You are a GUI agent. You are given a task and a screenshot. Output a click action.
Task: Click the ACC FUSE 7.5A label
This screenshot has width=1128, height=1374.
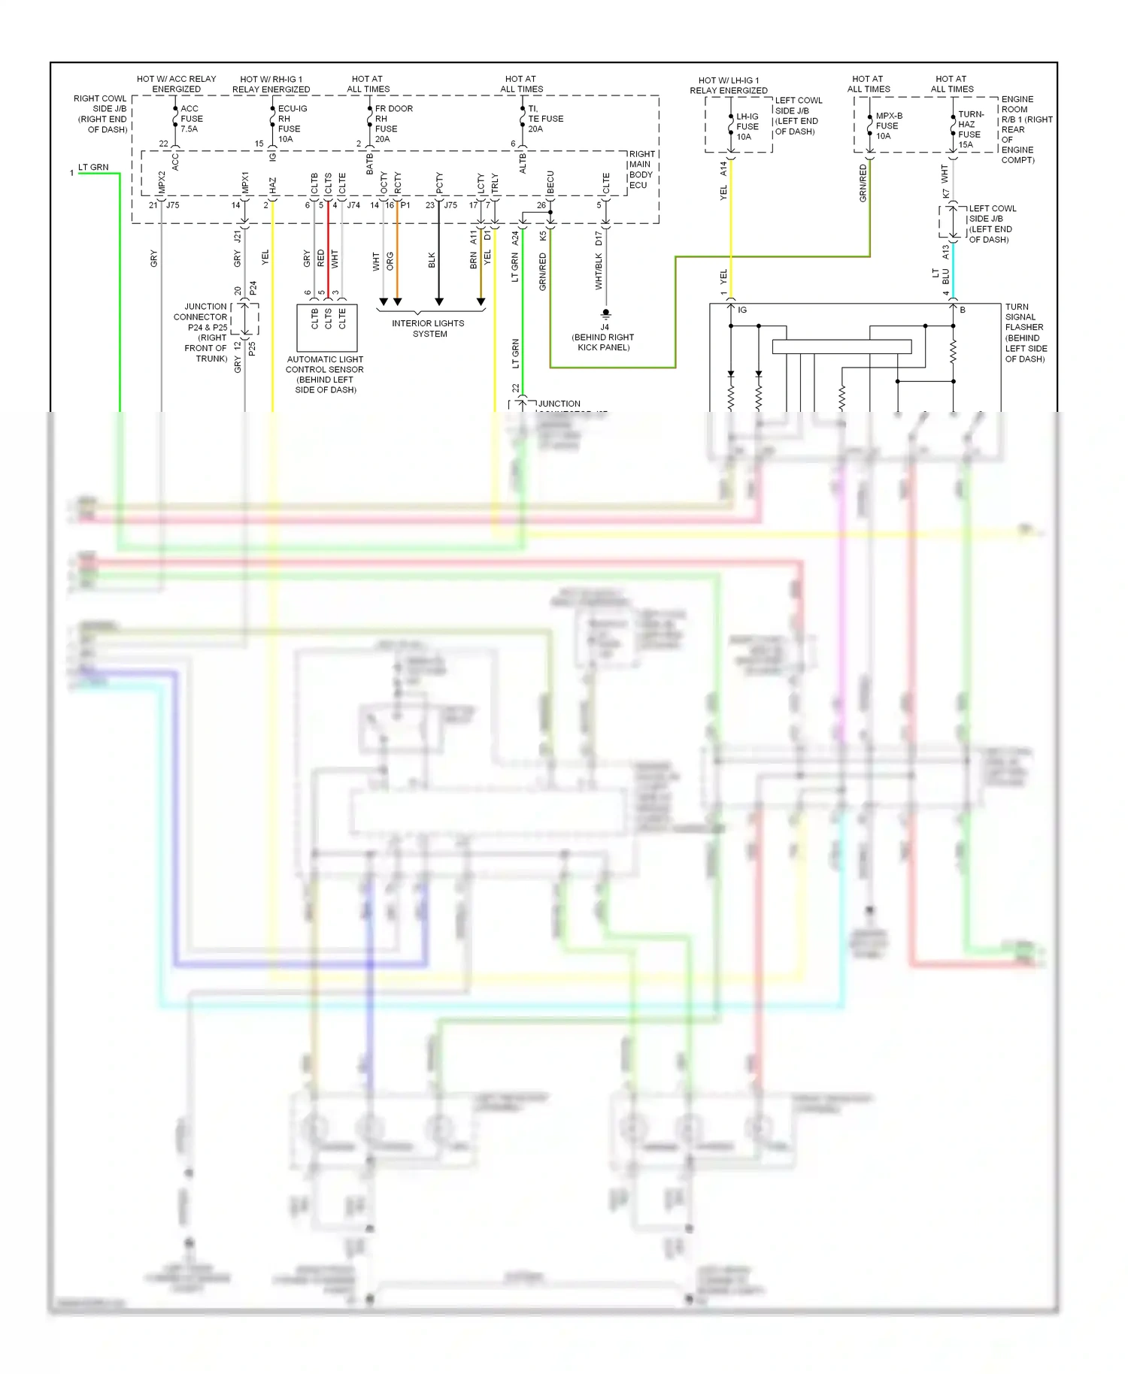[191, 119]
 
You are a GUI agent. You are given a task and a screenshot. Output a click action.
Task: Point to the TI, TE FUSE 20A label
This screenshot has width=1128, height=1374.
[544, 119]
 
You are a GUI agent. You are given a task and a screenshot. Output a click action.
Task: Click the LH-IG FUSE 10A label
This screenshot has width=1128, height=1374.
[747, 126]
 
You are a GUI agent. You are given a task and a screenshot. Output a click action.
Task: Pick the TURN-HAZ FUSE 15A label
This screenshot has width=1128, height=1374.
[969, 129]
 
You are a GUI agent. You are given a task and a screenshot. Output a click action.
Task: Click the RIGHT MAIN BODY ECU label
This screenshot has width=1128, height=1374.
[641, 169]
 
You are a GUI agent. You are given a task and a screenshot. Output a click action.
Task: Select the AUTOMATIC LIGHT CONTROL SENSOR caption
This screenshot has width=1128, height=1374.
[325, 374]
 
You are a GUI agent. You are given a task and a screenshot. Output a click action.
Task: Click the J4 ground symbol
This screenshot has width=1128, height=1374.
[605, 313]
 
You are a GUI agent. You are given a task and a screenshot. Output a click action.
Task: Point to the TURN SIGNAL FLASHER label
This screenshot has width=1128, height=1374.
[1025, 332]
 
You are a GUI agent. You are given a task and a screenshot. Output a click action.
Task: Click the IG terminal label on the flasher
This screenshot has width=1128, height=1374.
[742, 310]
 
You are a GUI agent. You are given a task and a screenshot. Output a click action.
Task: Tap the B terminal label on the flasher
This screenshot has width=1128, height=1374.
[963, 310]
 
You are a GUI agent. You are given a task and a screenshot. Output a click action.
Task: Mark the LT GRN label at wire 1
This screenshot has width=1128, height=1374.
[93, 167]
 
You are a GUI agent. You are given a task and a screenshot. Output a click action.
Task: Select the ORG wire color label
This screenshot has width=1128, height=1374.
[390, 261]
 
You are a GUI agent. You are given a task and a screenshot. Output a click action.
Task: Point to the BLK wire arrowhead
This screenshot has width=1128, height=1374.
[439, 302]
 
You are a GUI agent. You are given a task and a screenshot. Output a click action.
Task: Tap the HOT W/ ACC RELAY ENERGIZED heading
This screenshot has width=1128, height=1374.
[176, 83]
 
